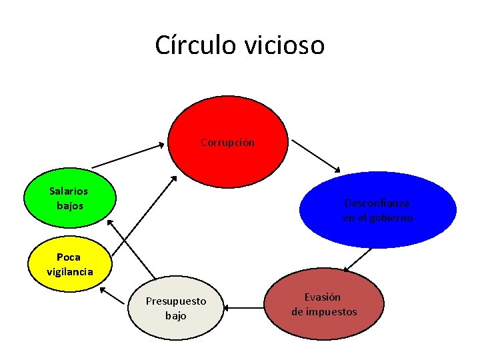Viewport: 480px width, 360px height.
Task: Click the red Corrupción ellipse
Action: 228,141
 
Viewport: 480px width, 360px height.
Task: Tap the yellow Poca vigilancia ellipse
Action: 69,264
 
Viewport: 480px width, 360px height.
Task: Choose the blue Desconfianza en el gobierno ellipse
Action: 377,210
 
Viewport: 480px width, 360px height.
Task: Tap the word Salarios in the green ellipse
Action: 69,191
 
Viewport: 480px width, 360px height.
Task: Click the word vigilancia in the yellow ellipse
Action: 70,271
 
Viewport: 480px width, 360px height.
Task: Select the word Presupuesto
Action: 176,301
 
